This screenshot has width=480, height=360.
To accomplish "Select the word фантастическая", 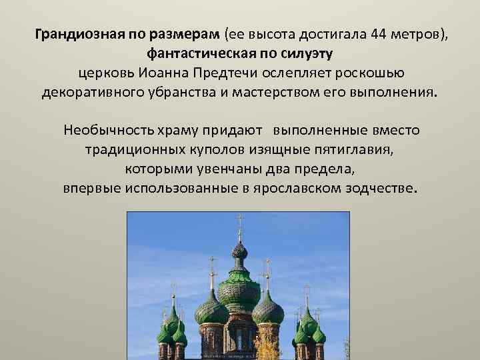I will click(x=194, y=53).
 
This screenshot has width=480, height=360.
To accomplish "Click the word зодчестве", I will click(x=381, y=187).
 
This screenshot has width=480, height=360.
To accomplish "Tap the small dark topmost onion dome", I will click(x=239, y=251).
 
